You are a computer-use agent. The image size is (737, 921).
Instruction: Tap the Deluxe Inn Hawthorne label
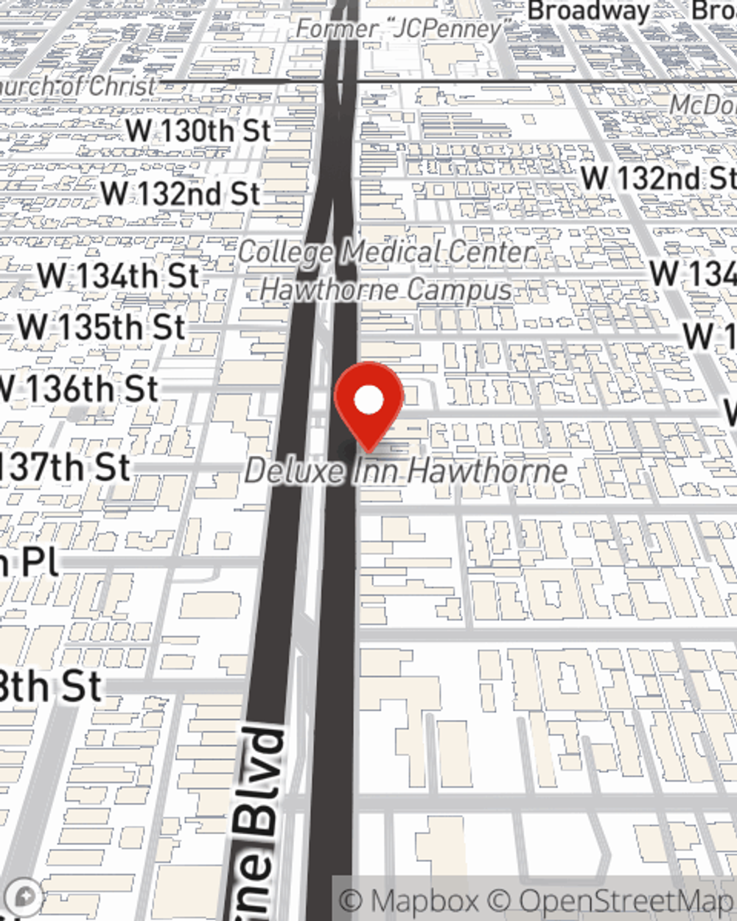pos(406,471)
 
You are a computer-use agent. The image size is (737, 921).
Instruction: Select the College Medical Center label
pos(386,253)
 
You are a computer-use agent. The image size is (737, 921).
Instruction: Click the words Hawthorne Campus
pos(386,290)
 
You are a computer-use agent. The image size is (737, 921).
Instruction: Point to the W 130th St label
pos(198,131)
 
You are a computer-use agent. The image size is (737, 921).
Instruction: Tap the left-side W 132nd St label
pos(181,194)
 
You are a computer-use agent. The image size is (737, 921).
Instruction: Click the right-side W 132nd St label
pos(658,178)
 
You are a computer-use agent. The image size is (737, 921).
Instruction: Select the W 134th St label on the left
pos(118,276)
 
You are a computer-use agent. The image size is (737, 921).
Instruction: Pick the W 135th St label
pos(102,327)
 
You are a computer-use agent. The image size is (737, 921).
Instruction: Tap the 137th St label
pos(65,467)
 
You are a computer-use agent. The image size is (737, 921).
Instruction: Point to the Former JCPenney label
pos(399,29)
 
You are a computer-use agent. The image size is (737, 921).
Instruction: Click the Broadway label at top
pos(589,11)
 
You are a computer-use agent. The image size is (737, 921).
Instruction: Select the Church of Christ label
pos(77,86)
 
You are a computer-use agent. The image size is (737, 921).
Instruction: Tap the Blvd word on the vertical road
pos(259,781)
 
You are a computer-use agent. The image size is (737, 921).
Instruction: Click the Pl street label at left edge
pos(29,562)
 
